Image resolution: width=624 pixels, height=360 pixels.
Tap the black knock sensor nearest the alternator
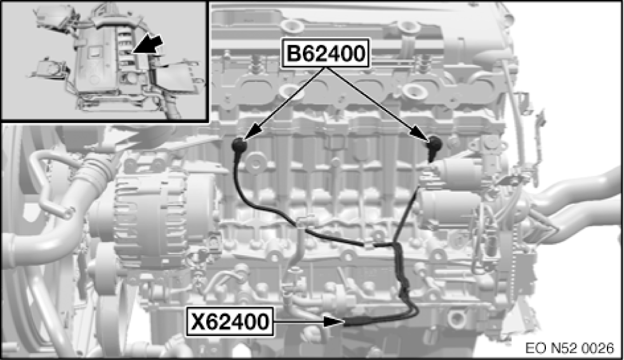240,145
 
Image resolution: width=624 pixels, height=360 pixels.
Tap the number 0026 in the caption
598,348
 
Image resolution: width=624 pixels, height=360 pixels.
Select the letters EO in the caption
533,348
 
